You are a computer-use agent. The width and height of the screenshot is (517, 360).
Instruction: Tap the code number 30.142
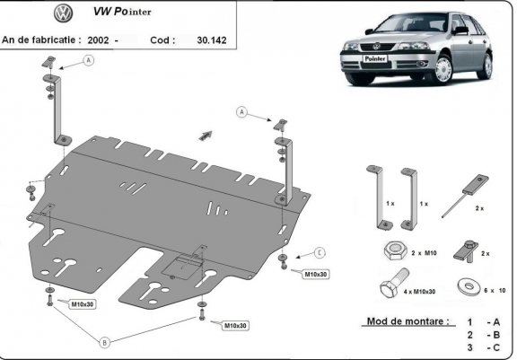click(x=211, y=40)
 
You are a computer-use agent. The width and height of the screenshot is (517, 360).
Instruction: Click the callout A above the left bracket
click(x=89, y=60)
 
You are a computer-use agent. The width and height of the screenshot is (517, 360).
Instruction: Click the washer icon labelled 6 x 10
click(x=465, y=288)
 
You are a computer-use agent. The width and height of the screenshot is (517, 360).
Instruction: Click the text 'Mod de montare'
click(x=403, y=321)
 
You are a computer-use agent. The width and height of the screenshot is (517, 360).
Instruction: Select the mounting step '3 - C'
click(x=481, y=347)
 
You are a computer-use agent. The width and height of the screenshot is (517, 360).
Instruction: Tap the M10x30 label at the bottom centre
click(x=235, y=325)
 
